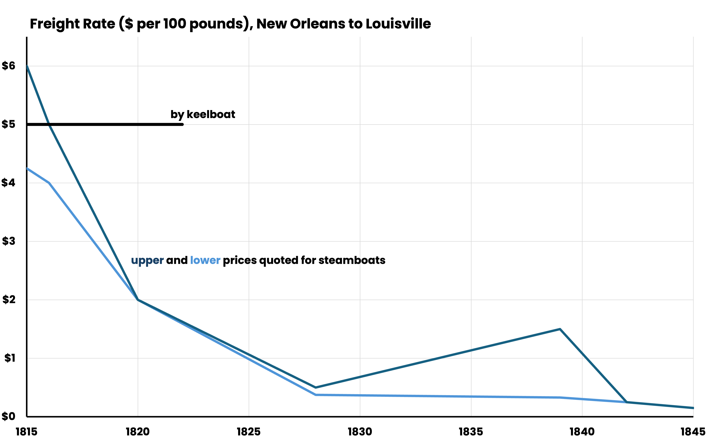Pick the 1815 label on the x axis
(x=26, y=432)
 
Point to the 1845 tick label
(x=693, y=432)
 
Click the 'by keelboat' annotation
(x=203, y=114)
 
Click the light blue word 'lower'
(x=205, y=260)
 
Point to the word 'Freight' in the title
(x=51, y=24)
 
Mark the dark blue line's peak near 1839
(x=560, y=329)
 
